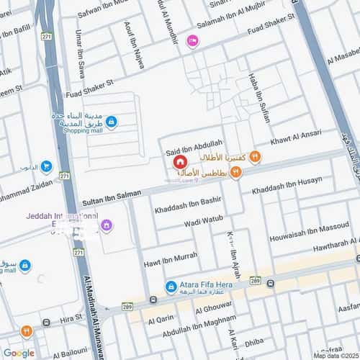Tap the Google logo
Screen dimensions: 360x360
coord(19,352)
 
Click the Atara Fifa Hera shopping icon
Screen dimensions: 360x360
coord(171,287)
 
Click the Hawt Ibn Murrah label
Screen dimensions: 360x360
coord(171,256)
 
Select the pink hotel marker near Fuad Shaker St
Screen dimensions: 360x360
coord(192,42)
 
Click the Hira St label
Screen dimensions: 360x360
coord(72,317)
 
